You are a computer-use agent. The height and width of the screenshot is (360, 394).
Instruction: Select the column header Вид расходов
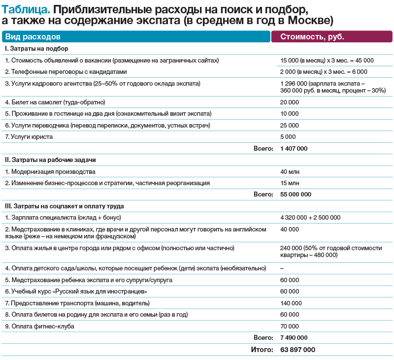tap(33, 37)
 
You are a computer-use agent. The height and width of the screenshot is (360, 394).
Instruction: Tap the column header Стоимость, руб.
tap(312, 37)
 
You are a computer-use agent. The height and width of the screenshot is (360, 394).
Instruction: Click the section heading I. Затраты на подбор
tap(36, 49)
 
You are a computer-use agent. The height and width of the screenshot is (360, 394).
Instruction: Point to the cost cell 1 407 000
tap(294, 148)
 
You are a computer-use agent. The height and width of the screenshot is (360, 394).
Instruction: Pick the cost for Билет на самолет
tap(289, 102)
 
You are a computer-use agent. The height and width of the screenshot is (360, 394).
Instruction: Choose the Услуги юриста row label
tap(29, 136)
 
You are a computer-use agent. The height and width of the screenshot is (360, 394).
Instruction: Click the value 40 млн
tap(290, 171)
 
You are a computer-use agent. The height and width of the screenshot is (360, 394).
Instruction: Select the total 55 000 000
tap(295, 195)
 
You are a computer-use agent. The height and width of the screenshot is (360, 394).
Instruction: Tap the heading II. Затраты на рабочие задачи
tap(50, 160)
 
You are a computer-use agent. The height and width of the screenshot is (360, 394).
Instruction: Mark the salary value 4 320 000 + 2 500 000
tap(310, 217)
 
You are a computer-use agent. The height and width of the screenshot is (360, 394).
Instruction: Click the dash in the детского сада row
tap(282, 268)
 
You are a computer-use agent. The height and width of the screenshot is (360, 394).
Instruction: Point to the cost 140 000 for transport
tap(291, 303)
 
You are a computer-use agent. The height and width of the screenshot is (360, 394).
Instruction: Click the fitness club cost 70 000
tap(289, 326)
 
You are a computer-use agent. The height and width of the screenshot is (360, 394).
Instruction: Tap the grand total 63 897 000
tap(297, 350)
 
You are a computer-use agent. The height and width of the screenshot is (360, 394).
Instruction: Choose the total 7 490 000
tap(294, 338)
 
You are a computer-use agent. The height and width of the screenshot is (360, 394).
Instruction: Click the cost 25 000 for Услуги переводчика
tap(289, 125)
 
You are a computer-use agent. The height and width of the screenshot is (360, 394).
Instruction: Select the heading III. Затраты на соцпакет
tap(65, 206)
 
